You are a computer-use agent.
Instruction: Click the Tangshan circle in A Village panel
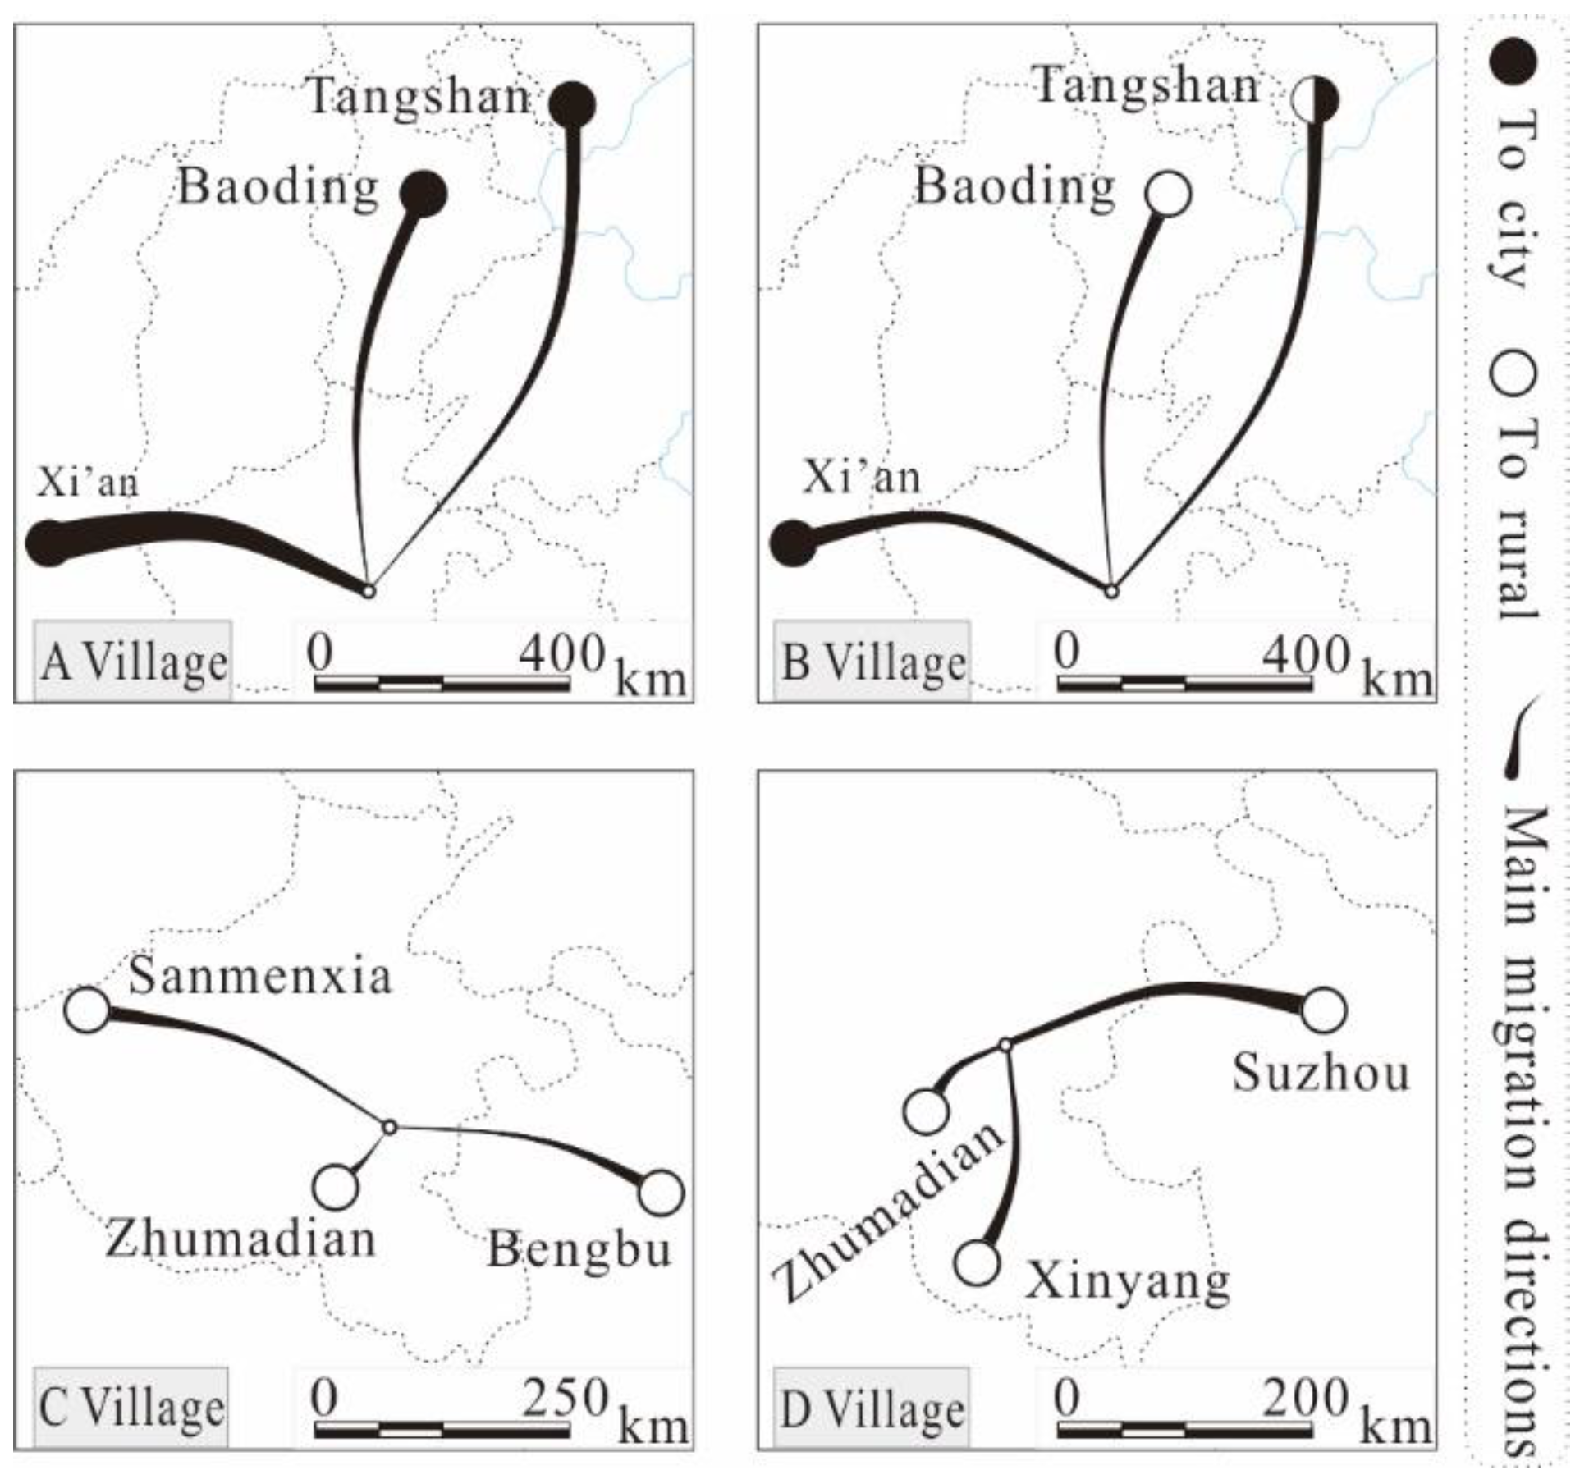[x=572, y=104]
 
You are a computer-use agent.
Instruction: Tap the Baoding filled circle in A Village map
[x=424, y=194]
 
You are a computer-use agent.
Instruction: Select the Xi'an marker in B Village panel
[x=794, y=543]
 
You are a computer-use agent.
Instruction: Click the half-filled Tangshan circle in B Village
[x=1315, y=100]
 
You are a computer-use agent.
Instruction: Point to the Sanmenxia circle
[x=88, y=1009]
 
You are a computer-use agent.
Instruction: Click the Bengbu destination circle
[x=662, y=1192]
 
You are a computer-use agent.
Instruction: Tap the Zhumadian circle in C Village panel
[x=336, y=1186]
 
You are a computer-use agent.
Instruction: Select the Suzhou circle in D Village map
[x=1324, y=1010]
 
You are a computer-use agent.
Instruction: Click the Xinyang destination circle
[x=978, y=1262]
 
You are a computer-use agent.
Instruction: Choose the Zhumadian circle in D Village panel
[x=927, y=1111]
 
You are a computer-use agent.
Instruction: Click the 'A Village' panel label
[x=133, y=662]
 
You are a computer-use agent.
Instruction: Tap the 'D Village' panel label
[x=872, y=1409]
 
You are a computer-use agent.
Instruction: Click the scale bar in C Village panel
[x=442, y=1431]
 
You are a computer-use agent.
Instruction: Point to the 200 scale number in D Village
[x=1305, y=1396]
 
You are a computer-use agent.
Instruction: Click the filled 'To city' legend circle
[x=1513, y=62]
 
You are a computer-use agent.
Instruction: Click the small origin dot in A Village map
[x=369, y=590]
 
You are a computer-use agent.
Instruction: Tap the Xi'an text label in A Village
[x=87, y=482]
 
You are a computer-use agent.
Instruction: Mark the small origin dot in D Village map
[x=1005, y=1045]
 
